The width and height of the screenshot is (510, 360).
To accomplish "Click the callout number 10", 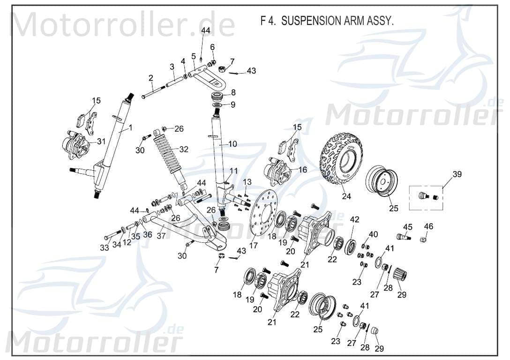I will [x=233, y=144].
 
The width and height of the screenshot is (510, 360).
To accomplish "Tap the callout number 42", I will [x=354, y=219].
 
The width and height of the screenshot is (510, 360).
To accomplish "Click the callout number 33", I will [x=105, y=247].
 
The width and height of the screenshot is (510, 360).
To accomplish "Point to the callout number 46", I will [x=428, y=227].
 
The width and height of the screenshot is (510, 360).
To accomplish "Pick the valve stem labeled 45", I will [x=404, y=237].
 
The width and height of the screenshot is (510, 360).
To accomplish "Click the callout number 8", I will [x=233, y=92].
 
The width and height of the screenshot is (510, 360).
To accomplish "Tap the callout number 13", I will [x=247, y=182].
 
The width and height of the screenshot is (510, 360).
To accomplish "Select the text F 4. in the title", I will [x=268, y=22].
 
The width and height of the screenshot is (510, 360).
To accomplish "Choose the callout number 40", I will [x=373, y=234].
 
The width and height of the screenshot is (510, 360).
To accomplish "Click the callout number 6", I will [x=212, y=47].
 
